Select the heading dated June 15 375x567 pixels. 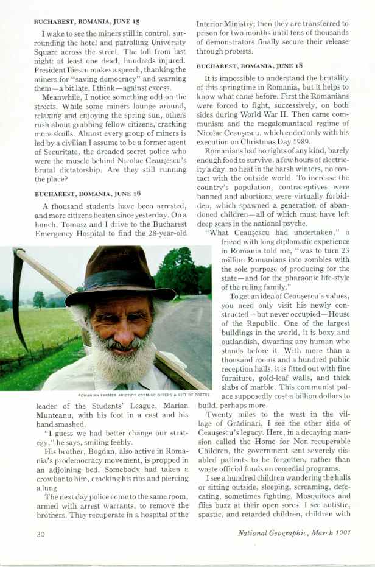86,21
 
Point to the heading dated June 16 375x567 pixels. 87,193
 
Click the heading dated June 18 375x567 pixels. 249,64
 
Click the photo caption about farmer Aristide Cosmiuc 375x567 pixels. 144,395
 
